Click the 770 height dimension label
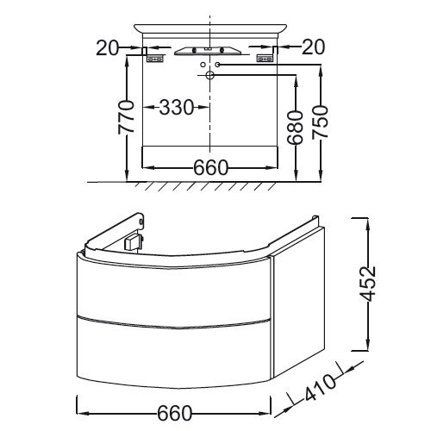(126, 117)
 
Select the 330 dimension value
(177, 108)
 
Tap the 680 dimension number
(296, 127)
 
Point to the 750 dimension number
(320, 122)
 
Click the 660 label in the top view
(211, 167)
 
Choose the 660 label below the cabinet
(174, 413)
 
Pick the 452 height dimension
(368, 284)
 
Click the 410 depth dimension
(320, 387)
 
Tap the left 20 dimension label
(107, 47)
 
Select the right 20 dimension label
(314, 47)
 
